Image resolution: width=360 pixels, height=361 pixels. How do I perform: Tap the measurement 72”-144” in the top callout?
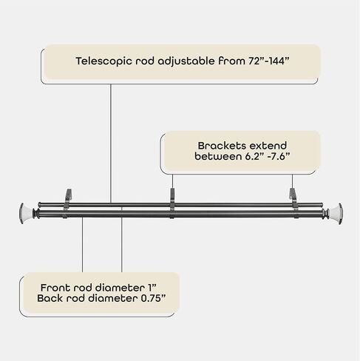click(x=268, y=61)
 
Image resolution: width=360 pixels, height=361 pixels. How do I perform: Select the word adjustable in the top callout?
click(x=186, y=61)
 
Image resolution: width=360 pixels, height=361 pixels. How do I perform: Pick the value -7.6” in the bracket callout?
click(x=279, y=156)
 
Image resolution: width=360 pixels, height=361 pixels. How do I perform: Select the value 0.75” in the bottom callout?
click(x=153, y=298)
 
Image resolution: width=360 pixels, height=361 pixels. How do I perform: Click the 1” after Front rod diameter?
click(x=152, y=288)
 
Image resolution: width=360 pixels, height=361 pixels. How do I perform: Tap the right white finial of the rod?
click(x=334, y=214)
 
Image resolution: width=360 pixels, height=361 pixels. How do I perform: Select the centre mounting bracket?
click(x=172, y=203)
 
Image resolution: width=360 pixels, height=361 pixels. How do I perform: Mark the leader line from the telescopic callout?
click(x=111, y=144)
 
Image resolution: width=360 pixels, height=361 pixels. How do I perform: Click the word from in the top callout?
click(x=231, y=61)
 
